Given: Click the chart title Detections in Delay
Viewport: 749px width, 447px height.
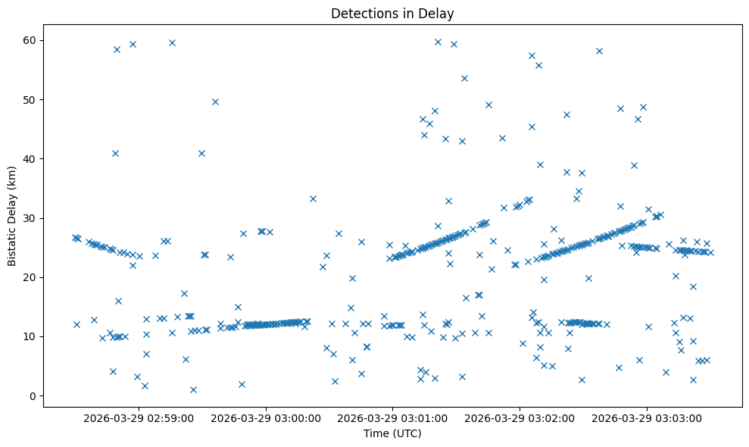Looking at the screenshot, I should pos(392,13).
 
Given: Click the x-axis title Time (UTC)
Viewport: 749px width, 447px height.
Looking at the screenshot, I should pos(392,433).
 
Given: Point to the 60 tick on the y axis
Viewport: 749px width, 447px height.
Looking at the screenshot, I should pos(31,40).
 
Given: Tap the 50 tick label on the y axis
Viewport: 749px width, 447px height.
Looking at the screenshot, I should pos(31,99).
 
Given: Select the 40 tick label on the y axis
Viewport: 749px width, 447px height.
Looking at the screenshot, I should pos(31,158).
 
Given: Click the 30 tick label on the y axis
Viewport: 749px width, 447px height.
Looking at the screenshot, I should pos(31,218).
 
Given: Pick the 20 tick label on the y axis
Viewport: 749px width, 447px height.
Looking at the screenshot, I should pos(31,277).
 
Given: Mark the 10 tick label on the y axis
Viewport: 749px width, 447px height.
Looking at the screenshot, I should pos(31,336).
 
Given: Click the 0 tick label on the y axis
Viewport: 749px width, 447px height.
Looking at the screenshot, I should pos(34,395).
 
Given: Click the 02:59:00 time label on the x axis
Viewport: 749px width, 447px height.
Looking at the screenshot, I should pos(139,417).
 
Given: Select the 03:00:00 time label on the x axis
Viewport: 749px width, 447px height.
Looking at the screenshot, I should pos(266,417).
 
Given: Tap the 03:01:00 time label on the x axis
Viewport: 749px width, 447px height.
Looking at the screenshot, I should pos(393,417).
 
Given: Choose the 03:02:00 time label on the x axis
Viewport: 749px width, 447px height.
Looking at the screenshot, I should pos(520,417).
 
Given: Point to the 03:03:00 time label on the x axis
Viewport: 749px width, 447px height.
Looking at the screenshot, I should pos(648,417).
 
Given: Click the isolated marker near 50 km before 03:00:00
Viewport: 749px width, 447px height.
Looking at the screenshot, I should pos(215,102).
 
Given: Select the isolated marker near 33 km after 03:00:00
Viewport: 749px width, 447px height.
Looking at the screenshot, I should pos(313,198).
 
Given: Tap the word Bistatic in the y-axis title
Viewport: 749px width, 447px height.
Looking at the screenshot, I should pos(13,244).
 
